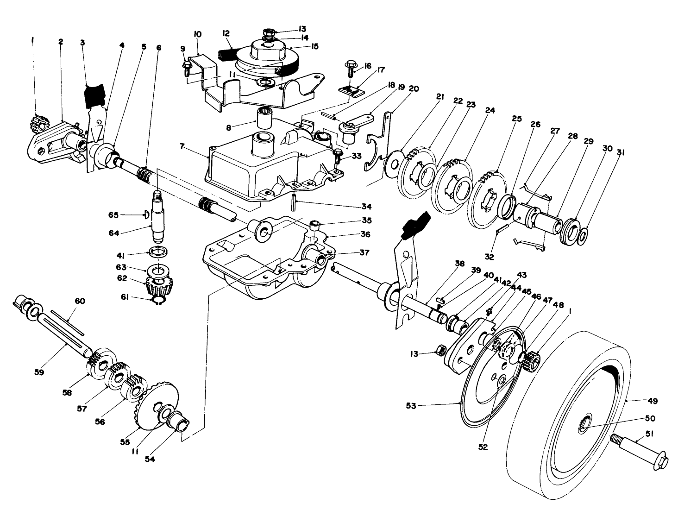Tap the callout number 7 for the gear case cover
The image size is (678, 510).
tap(182, 146)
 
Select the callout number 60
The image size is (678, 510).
tap(80, 301)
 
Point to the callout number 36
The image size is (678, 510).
tap(365, 234)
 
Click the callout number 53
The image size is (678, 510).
tap(411, 406)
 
